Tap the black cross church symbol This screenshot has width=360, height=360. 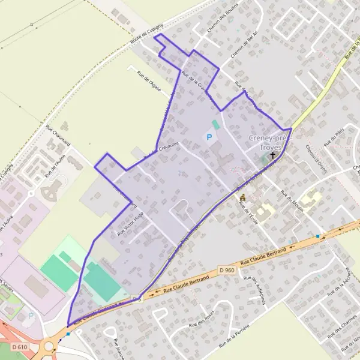click(x=273, y=155)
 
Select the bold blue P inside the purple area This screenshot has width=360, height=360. click(x=209, y=138)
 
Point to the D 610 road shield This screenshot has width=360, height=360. click(x=19, y=346)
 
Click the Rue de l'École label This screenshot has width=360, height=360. click(x=247, y=212)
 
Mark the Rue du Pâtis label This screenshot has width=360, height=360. click(x=332, y=139)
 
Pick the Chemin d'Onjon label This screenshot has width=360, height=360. click(x=314, y=157)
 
